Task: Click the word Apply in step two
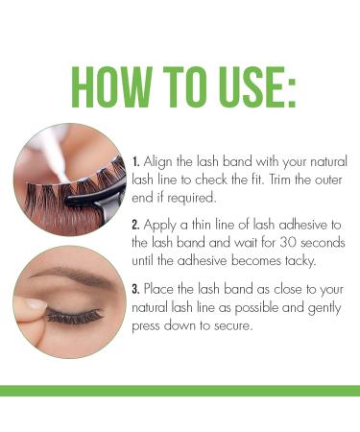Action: tap(159, 224)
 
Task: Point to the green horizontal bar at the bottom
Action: tap(180, 391)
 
